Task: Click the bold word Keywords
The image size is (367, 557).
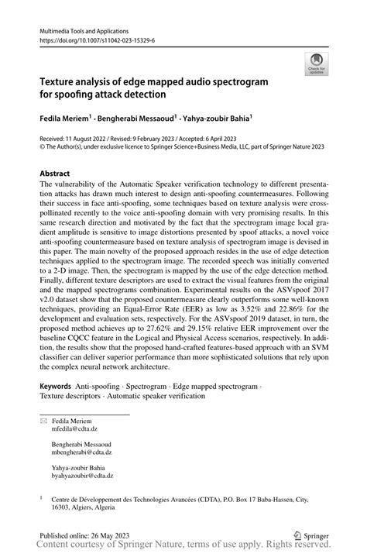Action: (60, 386)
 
